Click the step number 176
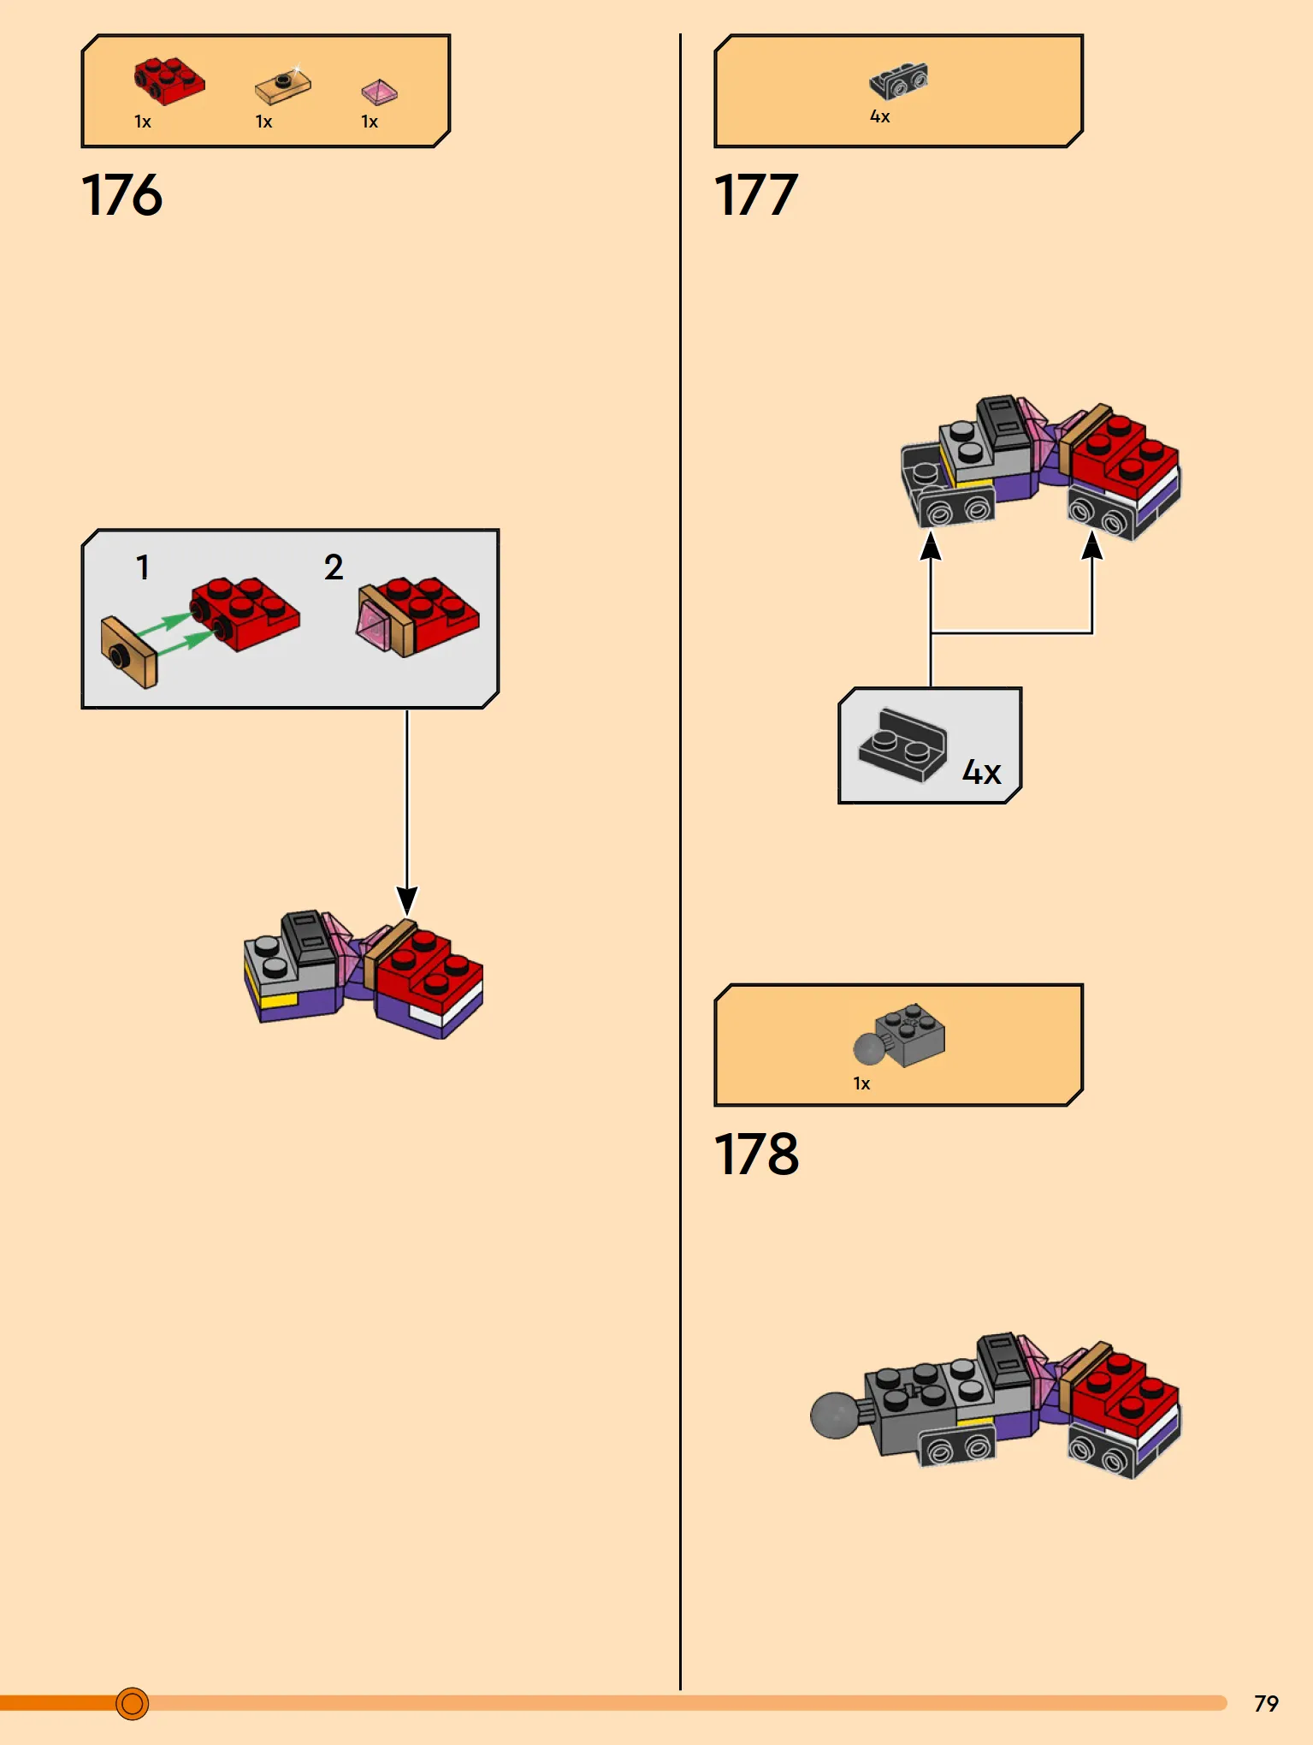tap(121, 195)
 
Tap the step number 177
tap(755, 195)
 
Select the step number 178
tap(756, 1154)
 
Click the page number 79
tap(1266, 1703)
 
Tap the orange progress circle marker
tap(132, 1703)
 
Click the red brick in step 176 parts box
tap(169, 81)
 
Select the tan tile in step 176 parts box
tap(282, 86)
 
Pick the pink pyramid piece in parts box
tap(379, 92)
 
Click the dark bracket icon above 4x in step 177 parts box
tap(898, 81)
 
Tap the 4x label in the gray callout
tap(981, 773)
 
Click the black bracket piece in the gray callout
tap(902, 745)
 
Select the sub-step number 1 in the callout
tap(143, 567)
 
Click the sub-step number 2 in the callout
tap(334, 567)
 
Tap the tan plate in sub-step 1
tap(128, 653)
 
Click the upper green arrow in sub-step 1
tap(165, 624)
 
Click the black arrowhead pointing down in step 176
tap(407, 900)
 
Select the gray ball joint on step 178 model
tap(836, 1416)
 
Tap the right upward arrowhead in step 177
tap(1092, 545)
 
